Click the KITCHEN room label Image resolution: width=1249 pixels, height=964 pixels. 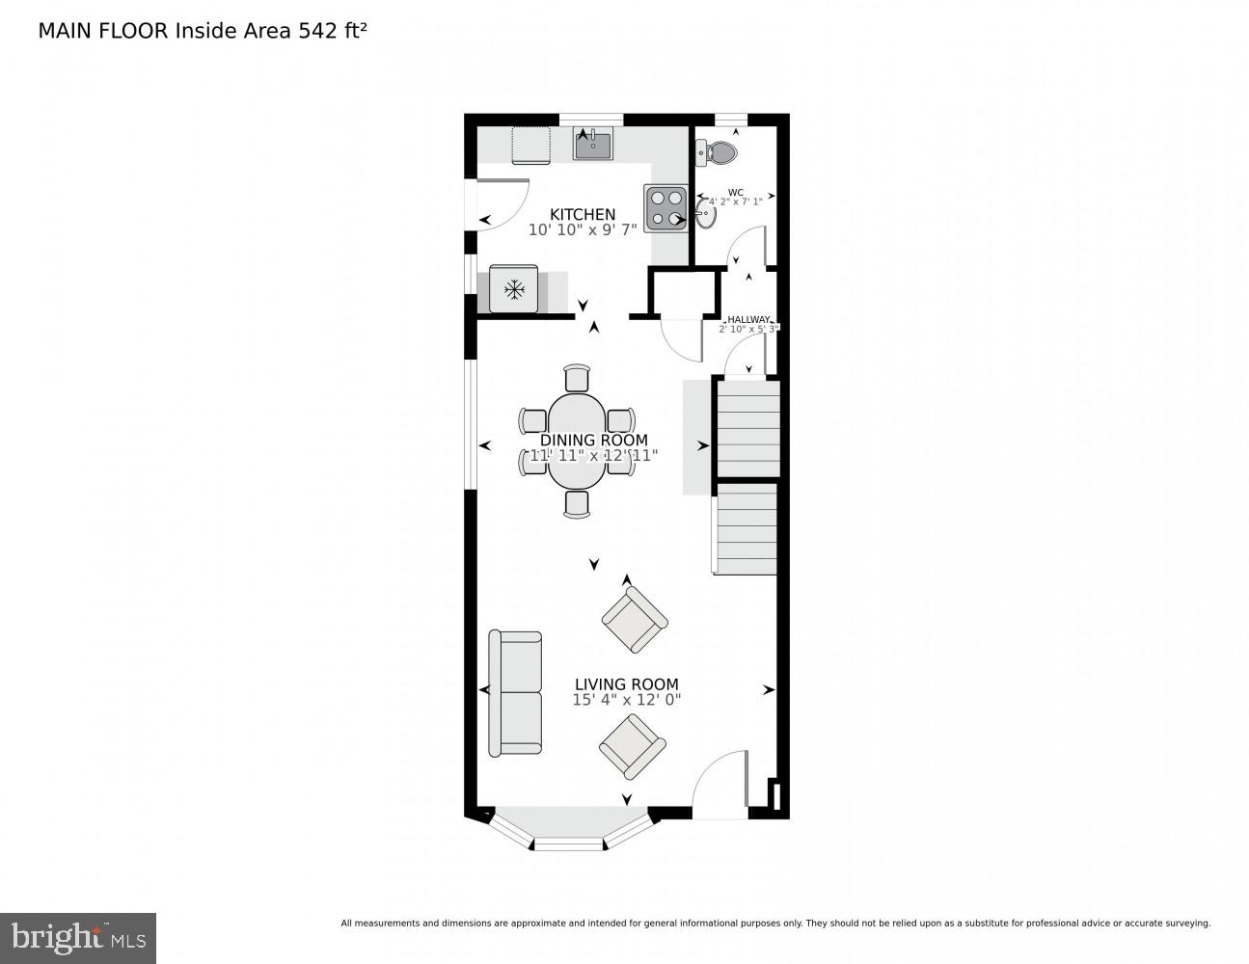[583, 214]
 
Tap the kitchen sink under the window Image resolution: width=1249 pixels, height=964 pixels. [593, 146]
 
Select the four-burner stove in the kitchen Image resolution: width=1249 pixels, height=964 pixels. [665, 207]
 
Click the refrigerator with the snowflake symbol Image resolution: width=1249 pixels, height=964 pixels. [514, 288]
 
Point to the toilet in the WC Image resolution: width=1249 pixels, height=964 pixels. [720, 152]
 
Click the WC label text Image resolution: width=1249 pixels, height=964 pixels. [736, 192]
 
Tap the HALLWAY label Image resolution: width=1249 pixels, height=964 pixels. [748, 319]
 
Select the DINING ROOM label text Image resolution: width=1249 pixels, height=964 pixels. [594, 441]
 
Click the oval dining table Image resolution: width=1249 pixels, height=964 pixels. [578, 440]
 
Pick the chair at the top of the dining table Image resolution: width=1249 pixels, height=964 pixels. [577, 377]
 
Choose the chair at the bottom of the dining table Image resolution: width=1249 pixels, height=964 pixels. [577, 503]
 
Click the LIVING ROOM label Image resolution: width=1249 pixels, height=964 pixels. [627, 684]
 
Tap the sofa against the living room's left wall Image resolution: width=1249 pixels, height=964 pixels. [516, 693]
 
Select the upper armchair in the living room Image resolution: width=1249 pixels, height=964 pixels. [635, 620]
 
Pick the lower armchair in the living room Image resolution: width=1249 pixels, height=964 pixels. [633, 745]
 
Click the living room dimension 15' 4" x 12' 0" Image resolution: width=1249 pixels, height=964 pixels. [627, 701]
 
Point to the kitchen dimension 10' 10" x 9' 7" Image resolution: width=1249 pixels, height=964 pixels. [583, 230]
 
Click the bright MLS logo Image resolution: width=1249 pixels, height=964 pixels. [78, 937]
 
